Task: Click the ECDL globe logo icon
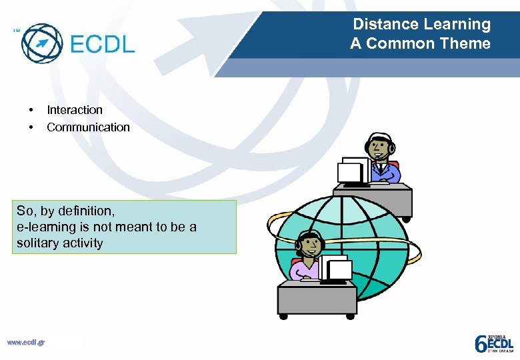[41, 43]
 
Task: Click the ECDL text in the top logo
[102, 45]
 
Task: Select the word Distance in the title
[382, 25]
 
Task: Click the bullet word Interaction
[75, 110]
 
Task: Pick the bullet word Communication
[88, 127]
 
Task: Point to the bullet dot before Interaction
[30, 110]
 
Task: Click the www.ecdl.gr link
[26, 343]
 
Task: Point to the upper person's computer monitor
[353, 171]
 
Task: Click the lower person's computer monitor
[337, 269]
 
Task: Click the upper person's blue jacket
[388, 173]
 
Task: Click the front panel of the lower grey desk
[315, 299]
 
